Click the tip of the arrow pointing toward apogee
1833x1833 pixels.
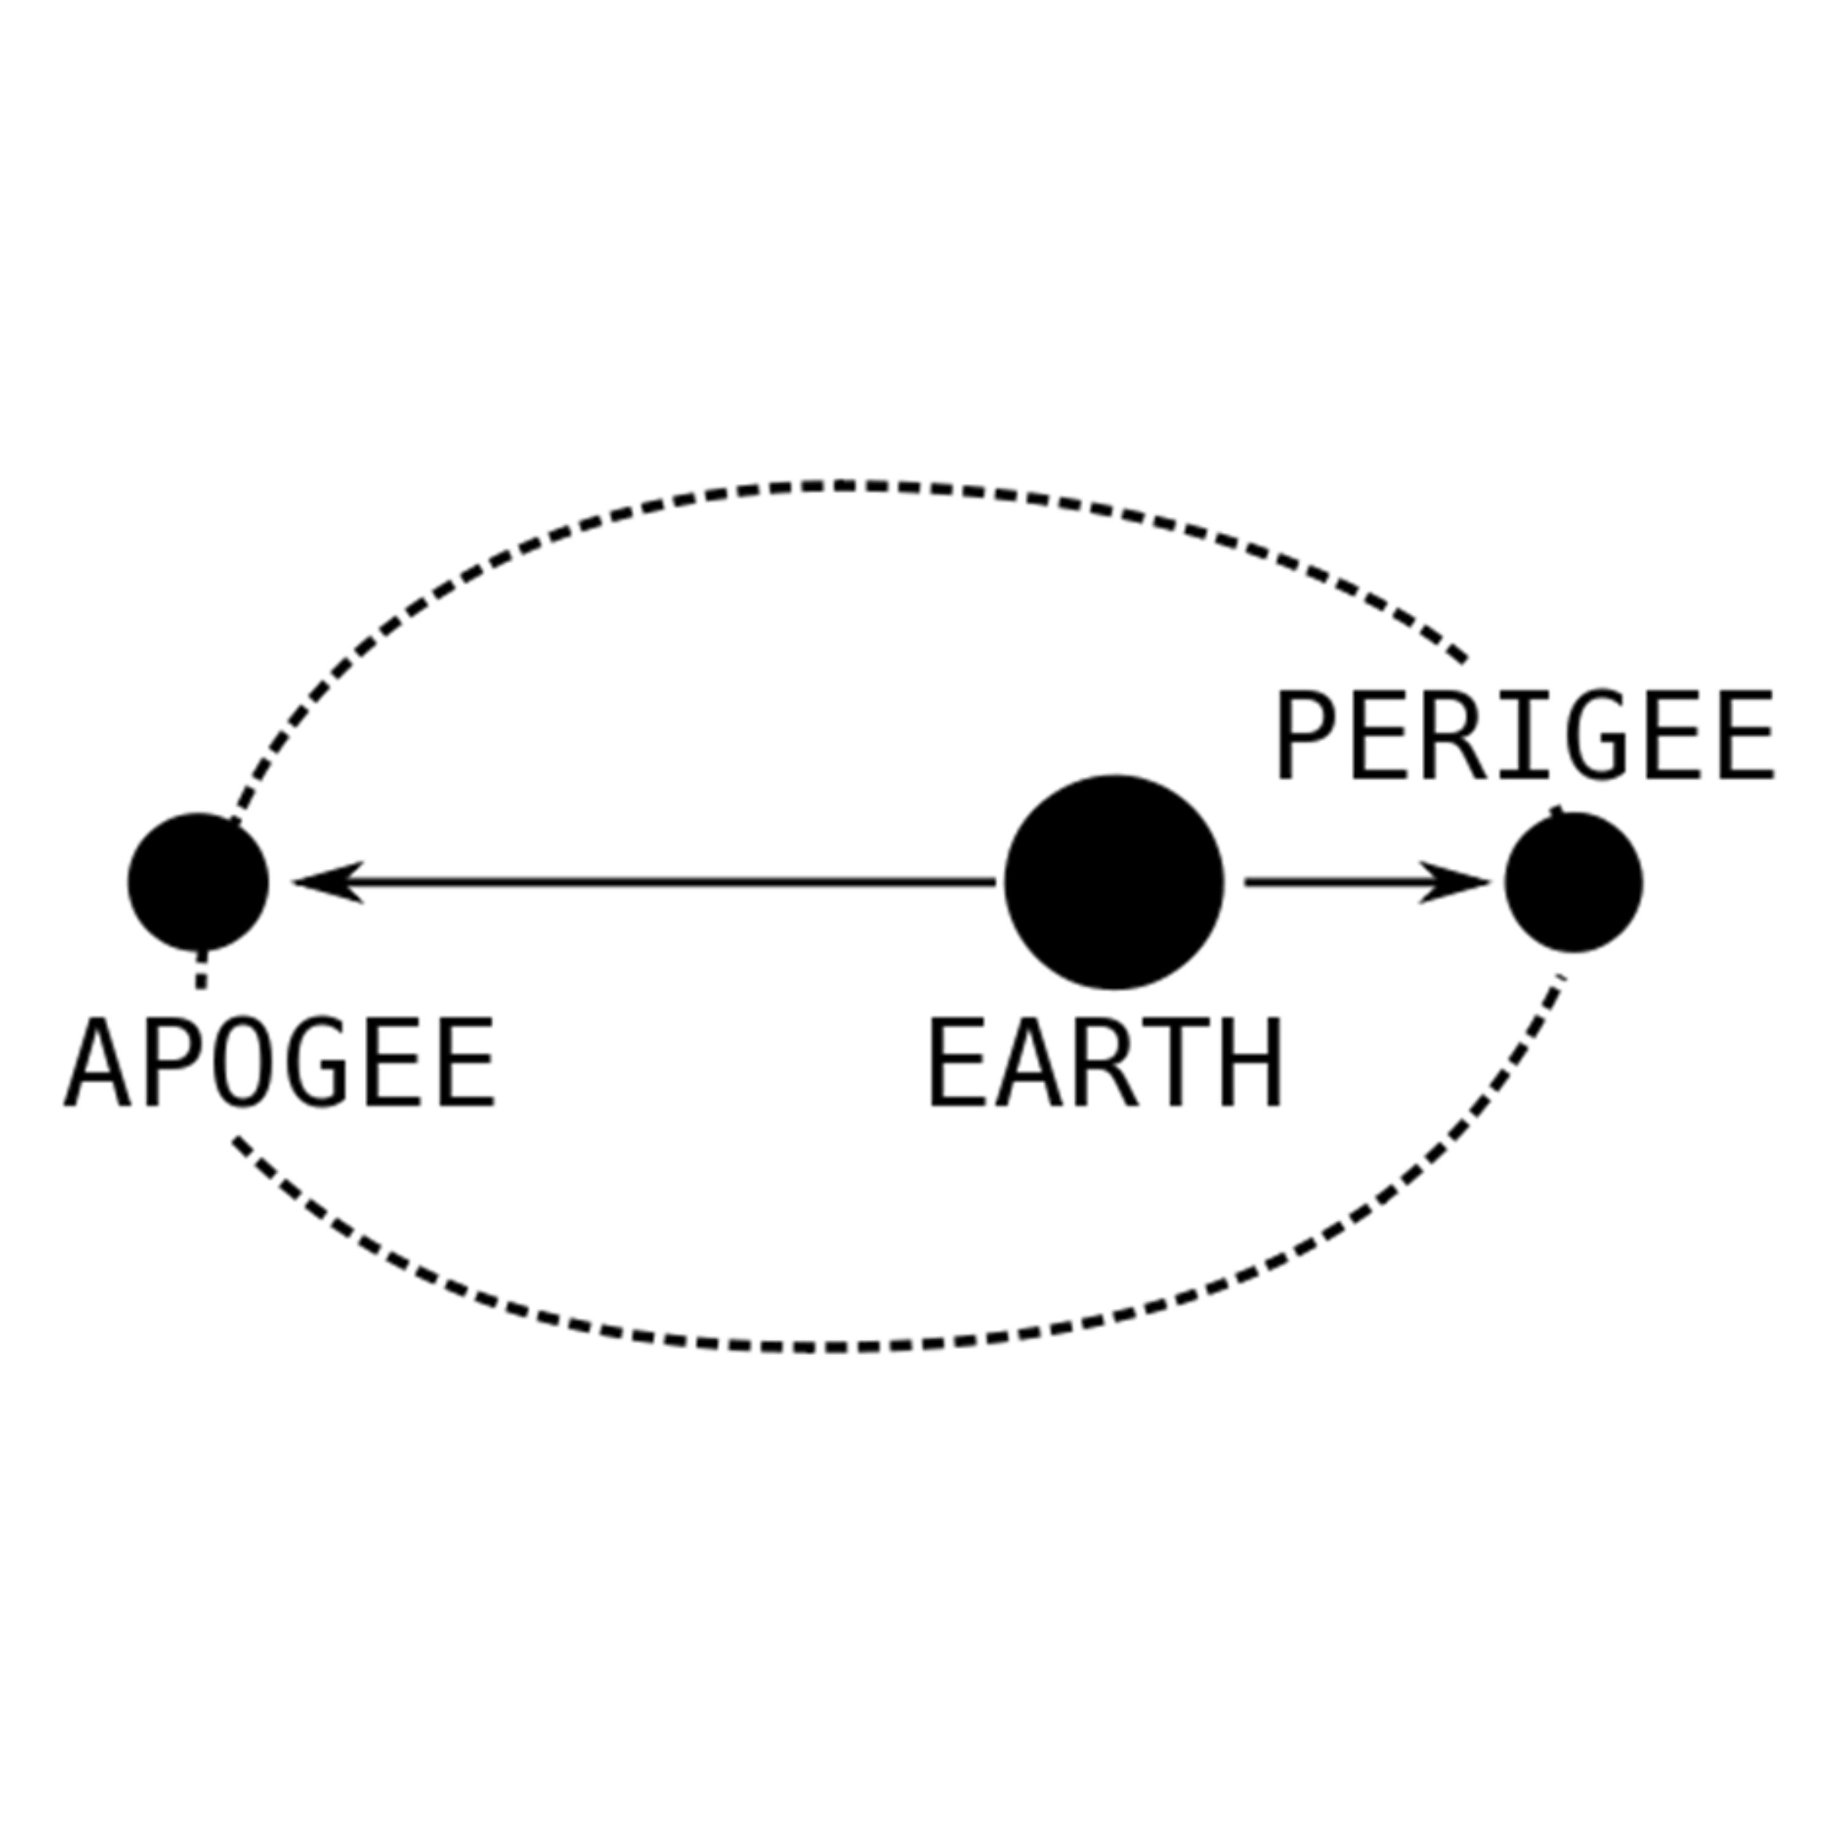293,882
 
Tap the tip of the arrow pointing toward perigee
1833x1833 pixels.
1490,882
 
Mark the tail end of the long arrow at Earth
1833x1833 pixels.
995,882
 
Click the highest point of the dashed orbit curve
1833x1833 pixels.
844,486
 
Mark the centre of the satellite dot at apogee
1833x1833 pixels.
199,882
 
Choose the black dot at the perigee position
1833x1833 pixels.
1574,882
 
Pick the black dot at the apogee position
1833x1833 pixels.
199,882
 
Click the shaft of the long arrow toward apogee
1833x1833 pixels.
645,882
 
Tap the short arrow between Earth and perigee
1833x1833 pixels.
1367,882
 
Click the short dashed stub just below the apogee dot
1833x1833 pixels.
200,970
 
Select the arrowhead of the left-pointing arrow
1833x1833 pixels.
328,882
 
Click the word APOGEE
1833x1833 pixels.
280,1063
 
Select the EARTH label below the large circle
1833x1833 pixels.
1105,1063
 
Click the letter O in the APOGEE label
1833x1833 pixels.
243,1063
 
